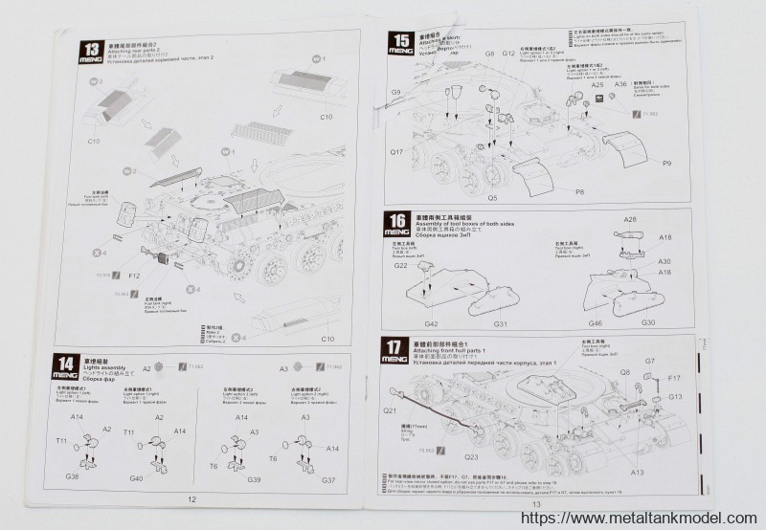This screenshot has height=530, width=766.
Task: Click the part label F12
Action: [x=134, y=276]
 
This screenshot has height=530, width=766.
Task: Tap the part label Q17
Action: [x=397, y=152]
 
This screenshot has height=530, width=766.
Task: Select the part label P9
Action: [x=666, y=164]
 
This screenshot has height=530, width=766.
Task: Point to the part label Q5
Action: [x=492, y=198]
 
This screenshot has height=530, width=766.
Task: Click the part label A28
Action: [x=631, y=221]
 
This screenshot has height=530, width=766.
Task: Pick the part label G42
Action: [x=432, y=323]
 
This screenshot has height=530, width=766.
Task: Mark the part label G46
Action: [x=595, y=323]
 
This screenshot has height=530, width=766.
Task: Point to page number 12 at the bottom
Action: [x=191, y=499]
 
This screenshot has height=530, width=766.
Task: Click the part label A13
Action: [x=610, y=472]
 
